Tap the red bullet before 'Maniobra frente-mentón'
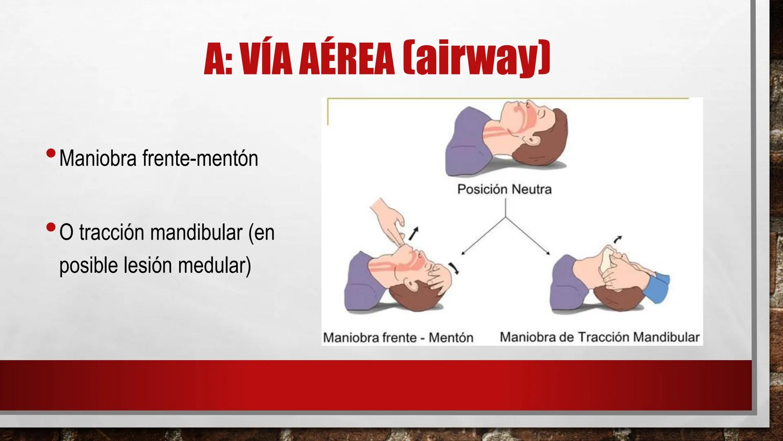[x=51, y=154]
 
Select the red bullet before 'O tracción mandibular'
[x=51, y=227]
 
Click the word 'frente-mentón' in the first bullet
[x=200, y=158]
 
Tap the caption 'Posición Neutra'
[x=504, y=189]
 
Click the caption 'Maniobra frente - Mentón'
[x=398, y=338]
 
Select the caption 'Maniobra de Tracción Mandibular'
[x=599, y=337]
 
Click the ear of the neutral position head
[x=531, y=140]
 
